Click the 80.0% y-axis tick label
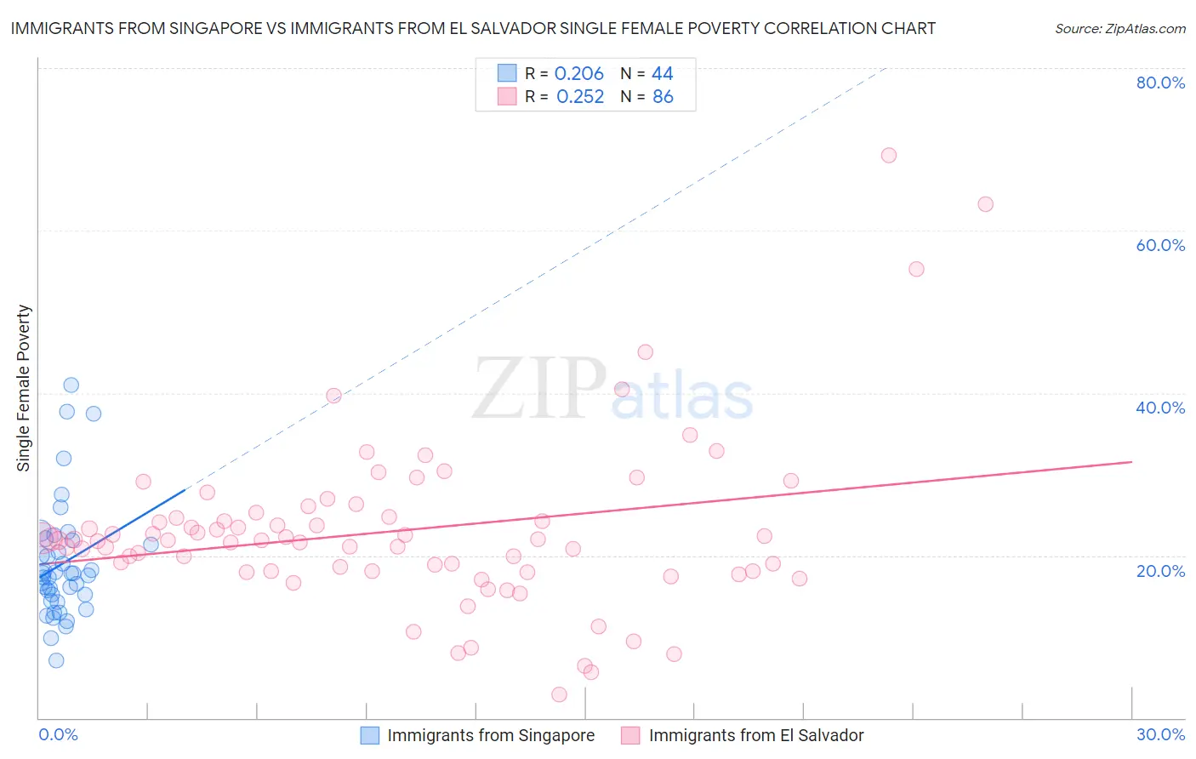pyautogui.click(x=1160, y=83)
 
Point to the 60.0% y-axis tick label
pyautogui.click(x=1160, y=245)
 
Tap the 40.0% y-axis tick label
pyautogui.click(x=1160, y=408)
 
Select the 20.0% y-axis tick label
pyautogui.click(x=1160, y=570)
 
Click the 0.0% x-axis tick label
pyautogui.click(x=58, y=734)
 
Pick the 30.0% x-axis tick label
pyautogui.click(x=1160, y=734)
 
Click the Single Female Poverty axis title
pyautogui.click(x=24, y=388)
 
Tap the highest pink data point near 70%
pyautogui.click(x=889, y=155)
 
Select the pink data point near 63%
pyautogui.click(x=986, y=204)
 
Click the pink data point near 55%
pyautogui.click(x=916, y=269)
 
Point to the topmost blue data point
pyautogui.click(x=71, y=385)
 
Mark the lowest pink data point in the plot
pyautogui.click(x=559, y=694)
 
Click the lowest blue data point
pyautogui.click(x=56, y=660)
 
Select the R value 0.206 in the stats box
pyautogui.click(x=578, y=74)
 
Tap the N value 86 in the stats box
pyautogui.click(x=663, y=97)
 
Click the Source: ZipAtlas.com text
pyautogui.click(x=1119, y=29)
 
